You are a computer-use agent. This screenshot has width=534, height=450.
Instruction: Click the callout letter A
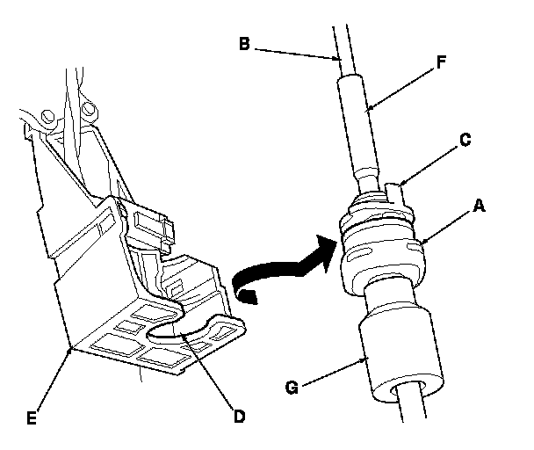[479, 207]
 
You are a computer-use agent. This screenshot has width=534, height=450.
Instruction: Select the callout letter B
[244, 44]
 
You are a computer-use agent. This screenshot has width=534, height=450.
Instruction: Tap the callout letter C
[465, 140]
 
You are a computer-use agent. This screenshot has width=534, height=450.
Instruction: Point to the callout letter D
[240, 417]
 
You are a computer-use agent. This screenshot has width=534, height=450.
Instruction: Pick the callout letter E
[32, 418]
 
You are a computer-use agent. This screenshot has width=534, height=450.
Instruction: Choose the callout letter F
[441, 62]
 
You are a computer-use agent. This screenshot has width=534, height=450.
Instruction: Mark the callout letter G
[292, 388]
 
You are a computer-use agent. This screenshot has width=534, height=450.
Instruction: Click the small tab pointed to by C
[395, 193]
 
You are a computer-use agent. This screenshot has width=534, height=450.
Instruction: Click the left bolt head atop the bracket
[47, 115]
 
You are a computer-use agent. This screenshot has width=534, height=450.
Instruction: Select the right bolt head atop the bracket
[90, 109]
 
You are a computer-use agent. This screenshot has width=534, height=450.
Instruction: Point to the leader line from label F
[401, 89]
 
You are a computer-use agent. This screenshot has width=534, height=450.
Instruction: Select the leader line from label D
[207, 371]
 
